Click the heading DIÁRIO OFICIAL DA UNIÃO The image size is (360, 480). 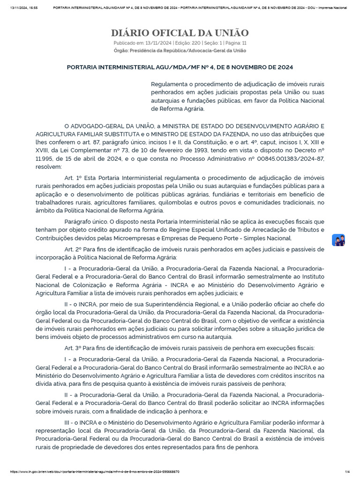pyautogui.click(x=180, y=33)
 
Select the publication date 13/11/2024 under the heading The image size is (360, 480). pyautogui.click(x=158, y=43)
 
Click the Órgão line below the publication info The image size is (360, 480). pyautogui.click(x=180, y=50)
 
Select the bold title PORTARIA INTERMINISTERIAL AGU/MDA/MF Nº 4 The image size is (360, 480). pyautogui.click(x=180, y=67)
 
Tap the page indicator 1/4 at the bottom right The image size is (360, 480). pyautogui.click(x=347, y=472)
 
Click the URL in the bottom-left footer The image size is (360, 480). pyautogui.click(x=94, y=472)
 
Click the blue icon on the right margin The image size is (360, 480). pyautogui.click(x=338, y=240)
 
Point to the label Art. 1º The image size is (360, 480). pyautogui.click(x=73, y=178)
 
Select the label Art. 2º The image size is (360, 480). pyautogui.click(x=73, y=249)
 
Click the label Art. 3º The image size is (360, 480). pyautogui.click(x=73, y=347)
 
